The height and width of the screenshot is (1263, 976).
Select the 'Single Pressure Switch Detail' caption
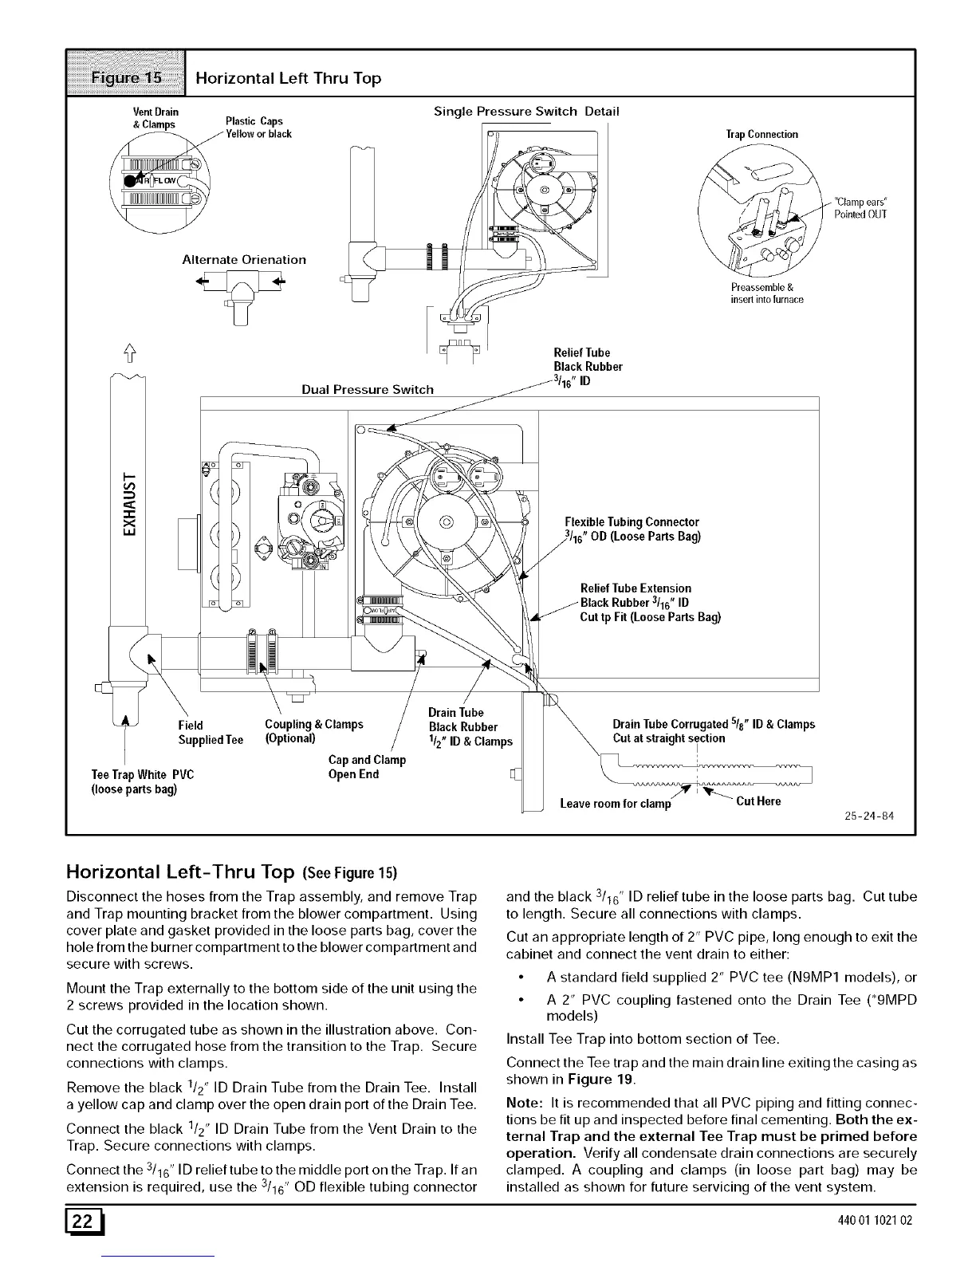click(525, 111)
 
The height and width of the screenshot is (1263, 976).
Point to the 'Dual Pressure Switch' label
click(368, 390)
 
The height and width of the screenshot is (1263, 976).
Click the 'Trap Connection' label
click(762, 135)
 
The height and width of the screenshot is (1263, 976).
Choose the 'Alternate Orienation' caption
click(244, 260)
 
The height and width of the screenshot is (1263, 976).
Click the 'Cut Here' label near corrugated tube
click(758, 801)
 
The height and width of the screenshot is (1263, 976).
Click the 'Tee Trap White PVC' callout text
click(143, 775)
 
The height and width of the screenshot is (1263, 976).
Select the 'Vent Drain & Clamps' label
click(155, 117)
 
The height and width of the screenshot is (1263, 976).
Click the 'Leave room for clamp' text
click(616, 804)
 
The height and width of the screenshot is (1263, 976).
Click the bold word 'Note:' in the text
click(524, 1103)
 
